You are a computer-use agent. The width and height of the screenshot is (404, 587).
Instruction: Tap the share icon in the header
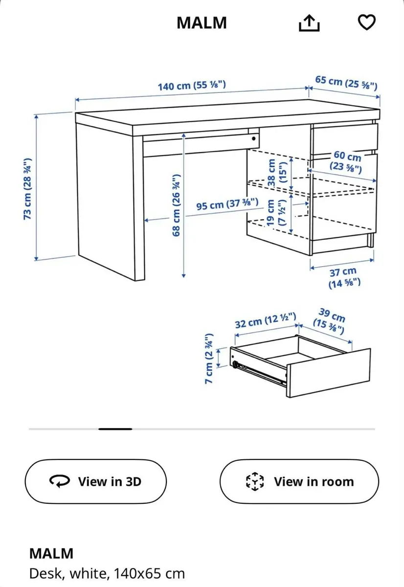pyautogui.click(x=309, y=23)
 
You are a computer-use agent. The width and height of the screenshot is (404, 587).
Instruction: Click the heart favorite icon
pyautogui.click(x=366, y=22)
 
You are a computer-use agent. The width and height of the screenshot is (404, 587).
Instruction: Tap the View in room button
pyautogui.click(x=299, y=481)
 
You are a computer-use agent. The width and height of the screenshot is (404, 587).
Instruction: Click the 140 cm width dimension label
pyautogui.click(x=191, y=86)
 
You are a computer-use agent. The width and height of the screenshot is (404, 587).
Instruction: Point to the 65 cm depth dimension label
pyautogui.click(x=346, y=83)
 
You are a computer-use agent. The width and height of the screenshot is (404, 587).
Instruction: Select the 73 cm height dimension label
pyautogui.click(x=28, y=188)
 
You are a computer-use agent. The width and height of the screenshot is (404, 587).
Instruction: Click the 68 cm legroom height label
pyautogui.click(x=177, y=205)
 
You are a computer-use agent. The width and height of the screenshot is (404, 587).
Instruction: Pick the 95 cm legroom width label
pyautogui.click(x=227, y=204)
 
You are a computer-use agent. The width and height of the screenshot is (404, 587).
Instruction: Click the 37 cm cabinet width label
pyautogui.click(x=343, y=277)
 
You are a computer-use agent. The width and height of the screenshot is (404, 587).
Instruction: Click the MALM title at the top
pyautogui.click(x=202, y=23)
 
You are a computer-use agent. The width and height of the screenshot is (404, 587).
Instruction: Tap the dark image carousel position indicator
pyautogui.click(x=115, y=429)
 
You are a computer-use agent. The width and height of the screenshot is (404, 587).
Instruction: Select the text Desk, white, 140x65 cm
pyautogui.click(x=107, y=573)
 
